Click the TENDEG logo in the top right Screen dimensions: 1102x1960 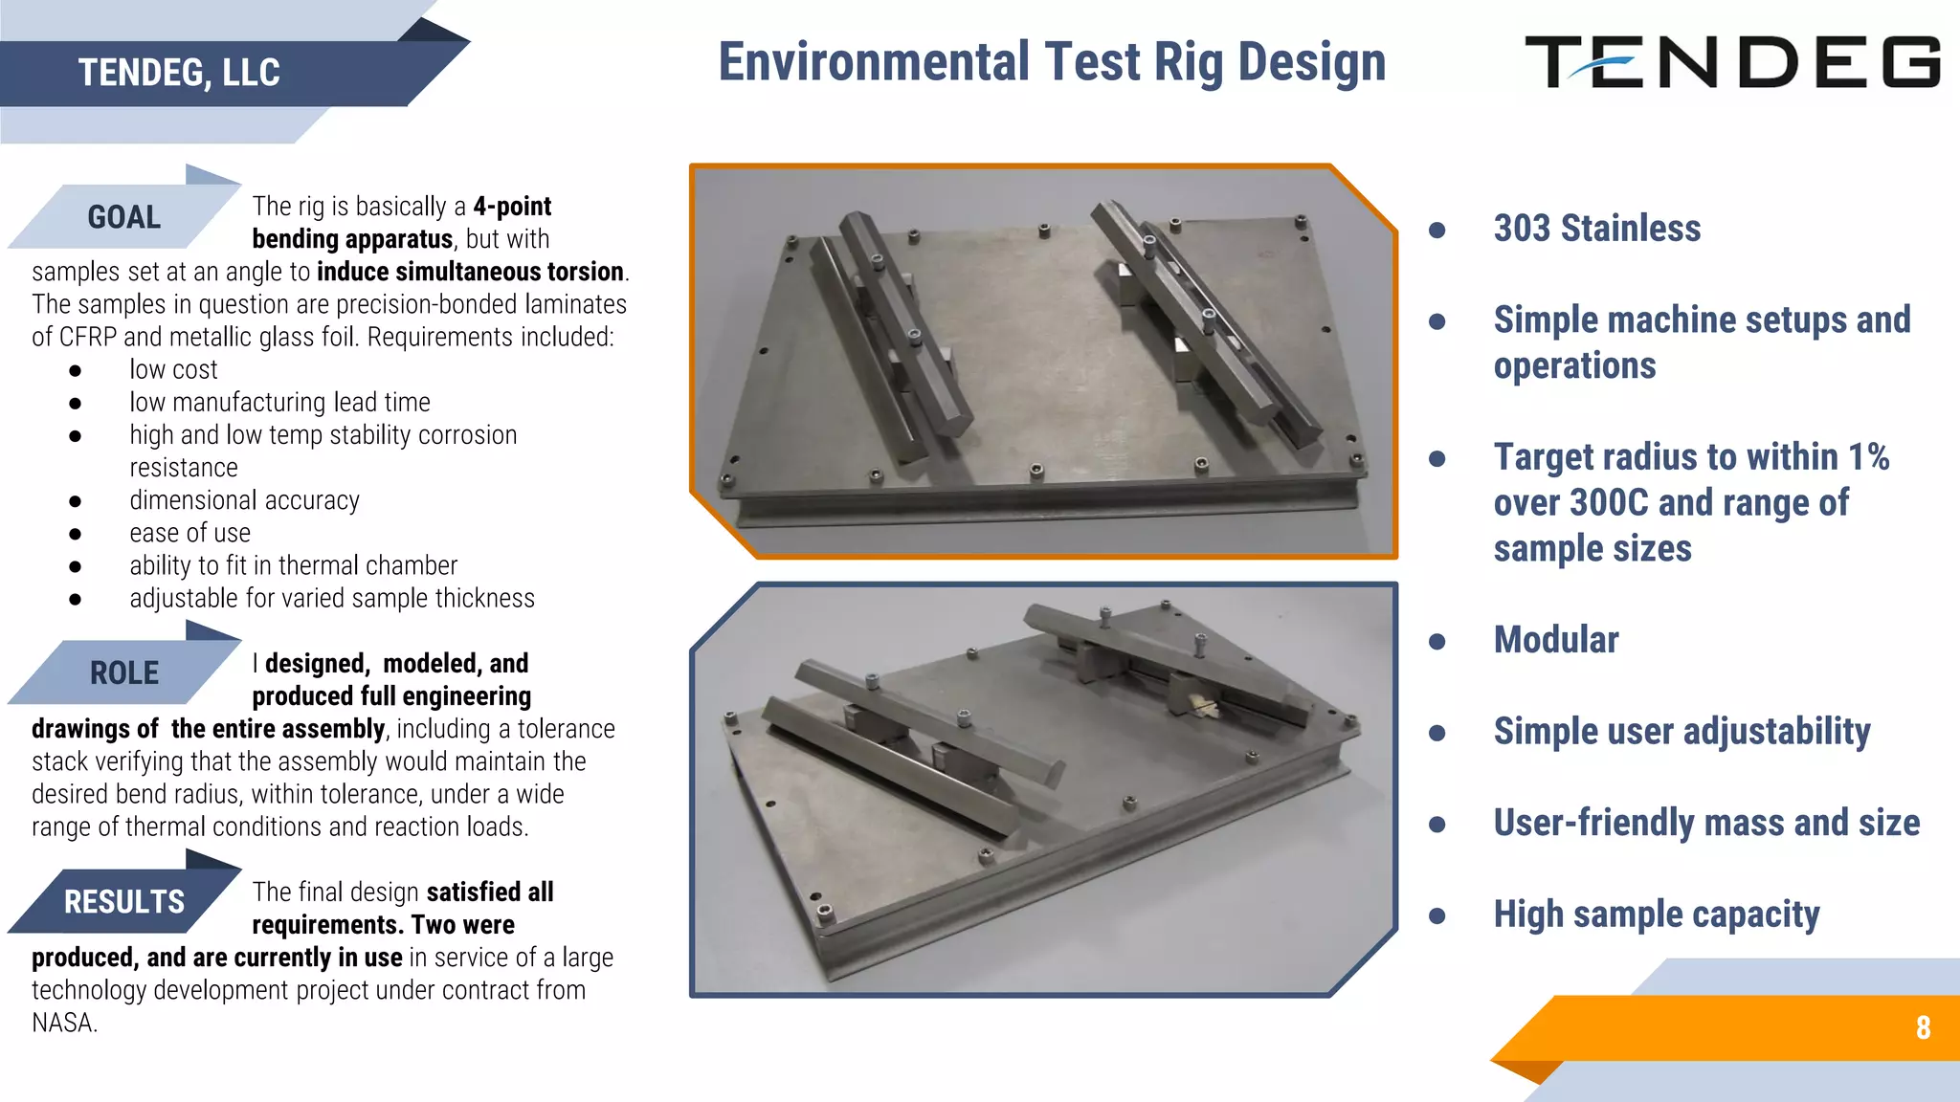coord(1732,62)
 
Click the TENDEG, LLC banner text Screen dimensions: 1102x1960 coord(179,73)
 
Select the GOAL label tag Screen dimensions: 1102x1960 coord(123,217)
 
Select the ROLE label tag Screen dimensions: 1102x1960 coord(123,672)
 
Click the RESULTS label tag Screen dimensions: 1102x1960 coord(123,901)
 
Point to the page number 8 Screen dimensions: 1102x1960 coord(1923,1027)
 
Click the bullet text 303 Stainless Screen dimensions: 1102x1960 coord(1596,229)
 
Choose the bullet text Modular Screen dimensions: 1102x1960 coord(1555,640)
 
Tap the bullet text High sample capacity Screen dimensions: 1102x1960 coord(1656,915)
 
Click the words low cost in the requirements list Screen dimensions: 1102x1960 coord(173,370)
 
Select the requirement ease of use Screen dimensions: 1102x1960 coord(189,533)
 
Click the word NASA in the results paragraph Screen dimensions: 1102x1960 coord(63,1023)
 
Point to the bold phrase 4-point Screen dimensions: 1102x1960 coord(512,207)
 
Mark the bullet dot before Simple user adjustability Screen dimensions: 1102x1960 coord(1437,733)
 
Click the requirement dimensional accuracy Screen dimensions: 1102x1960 coord(244,500)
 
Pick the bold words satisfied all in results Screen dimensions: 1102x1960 coord(490,893)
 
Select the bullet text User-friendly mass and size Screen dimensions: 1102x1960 coord(1705,824)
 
